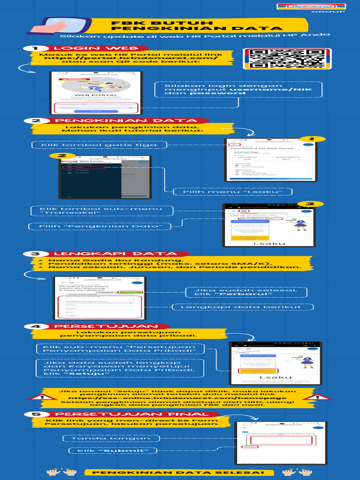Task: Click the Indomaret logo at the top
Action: pyautogui.click(x=310, y=7)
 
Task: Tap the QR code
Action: pyautogui.click(x=287, y=59)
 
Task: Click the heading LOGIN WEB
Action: pyautogui.click(x=95, y=48)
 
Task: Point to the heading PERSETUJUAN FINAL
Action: pyautogui.click(x=132, y=414)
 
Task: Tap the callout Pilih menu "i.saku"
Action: pyautogui.click(x=232, y=191)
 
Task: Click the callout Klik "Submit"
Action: pyautogui.click(x=112, y=450)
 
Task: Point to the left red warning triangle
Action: pyautogui.click(x=42, y=398)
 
